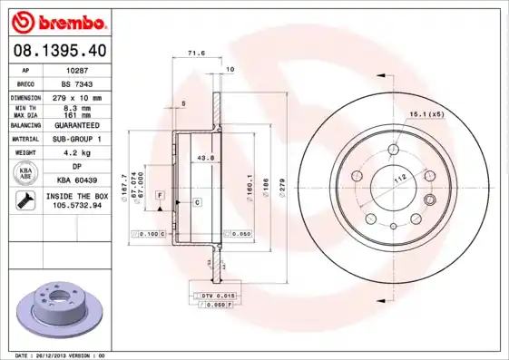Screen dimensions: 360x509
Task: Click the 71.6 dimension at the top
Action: click(x=192, y=54)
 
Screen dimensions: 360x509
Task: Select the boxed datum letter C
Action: click(x=196, y=201)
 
